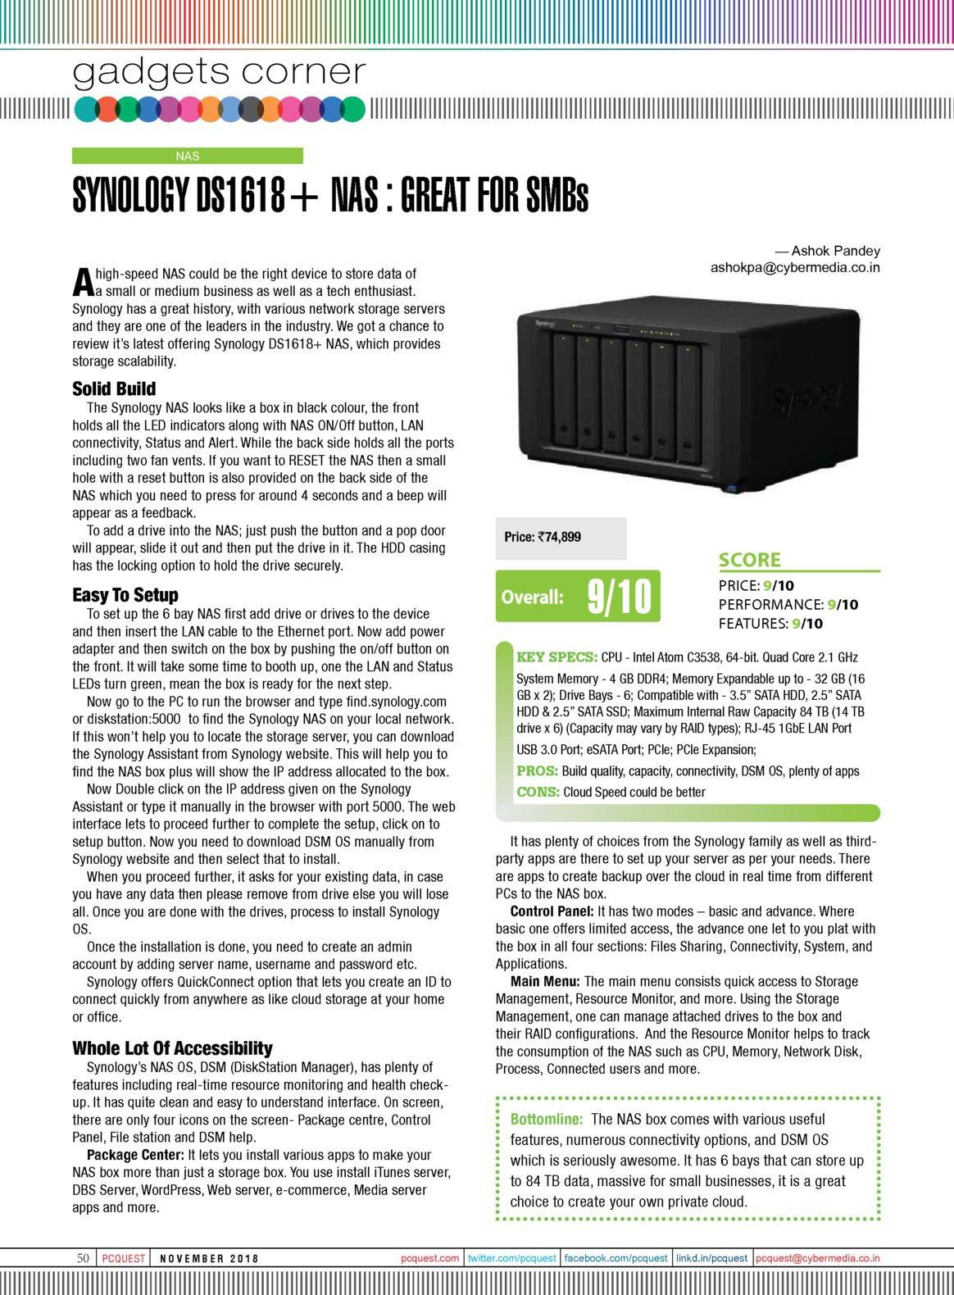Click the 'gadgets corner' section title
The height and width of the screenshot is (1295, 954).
(x=219, y=73)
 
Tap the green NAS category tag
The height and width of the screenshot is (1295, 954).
(x=188, y=156)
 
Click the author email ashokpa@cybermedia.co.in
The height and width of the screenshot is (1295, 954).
(x=795, y=267)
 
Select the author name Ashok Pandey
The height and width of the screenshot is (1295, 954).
(x=835, y=251)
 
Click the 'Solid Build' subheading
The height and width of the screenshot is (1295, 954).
(x=114, y=388)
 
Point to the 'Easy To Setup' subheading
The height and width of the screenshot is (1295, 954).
(x=125, y=595)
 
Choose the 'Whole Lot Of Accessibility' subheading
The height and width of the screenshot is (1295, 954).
(x=172, y=1048)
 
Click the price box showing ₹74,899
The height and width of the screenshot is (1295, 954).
(x=561, y=538)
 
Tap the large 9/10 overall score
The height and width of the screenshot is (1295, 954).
(x=619, y=597)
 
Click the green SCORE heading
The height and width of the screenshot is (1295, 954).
(x=750, y=561)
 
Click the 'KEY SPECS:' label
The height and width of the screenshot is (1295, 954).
(x=556, y=657)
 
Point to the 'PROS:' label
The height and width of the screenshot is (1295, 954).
(x=537, y=771)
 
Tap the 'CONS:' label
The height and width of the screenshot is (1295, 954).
(x=538, y=792)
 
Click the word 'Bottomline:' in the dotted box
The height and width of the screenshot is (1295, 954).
(x=547, y=1119)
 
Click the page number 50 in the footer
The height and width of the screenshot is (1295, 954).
(x=83, y=1258)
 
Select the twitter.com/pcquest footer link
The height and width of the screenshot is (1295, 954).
(x=511, y=1258)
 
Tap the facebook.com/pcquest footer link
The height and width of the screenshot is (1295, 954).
(x=616, y=1258)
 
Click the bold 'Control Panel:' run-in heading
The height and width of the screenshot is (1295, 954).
(x=552, y=911)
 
